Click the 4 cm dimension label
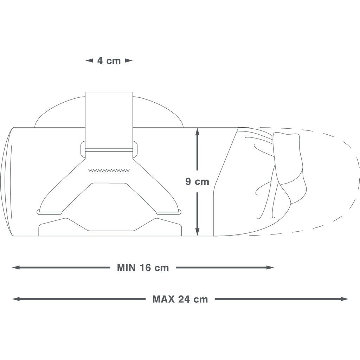pos(109,61)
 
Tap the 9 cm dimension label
pos(197,182)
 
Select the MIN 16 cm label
pos(143,268)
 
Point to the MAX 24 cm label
pos(180,299)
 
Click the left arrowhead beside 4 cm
pos(89,61)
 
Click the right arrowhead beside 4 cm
pos(129,61)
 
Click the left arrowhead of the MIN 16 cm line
pos(17,268)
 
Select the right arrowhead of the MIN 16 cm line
pos(270,268)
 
